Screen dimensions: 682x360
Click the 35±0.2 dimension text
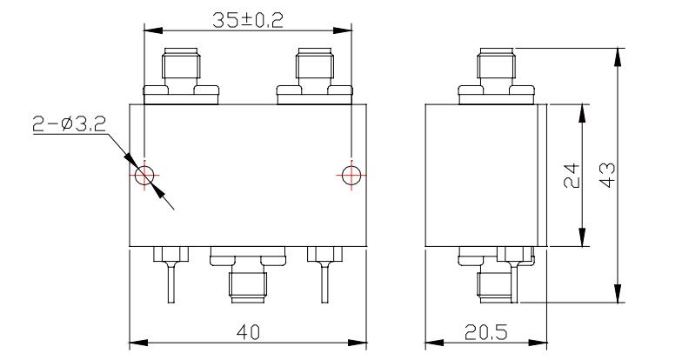tap(247, 21)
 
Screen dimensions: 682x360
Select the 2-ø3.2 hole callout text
tap(70, 125)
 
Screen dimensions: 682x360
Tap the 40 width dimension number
tap(249, 332)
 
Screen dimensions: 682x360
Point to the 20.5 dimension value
tap(485, 332)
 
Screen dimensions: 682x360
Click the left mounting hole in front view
tap(144, 176)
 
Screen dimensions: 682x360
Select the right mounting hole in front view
tap(351, 176)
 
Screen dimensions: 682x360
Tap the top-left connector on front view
tap(181, 77)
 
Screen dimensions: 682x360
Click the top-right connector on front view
tap(315, 77)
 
